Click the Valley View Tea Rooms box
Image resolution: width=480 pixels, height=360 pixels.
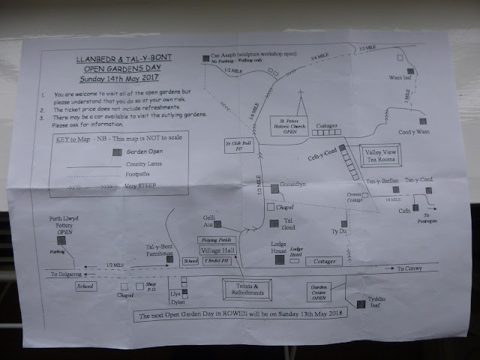click(x=382, y=156)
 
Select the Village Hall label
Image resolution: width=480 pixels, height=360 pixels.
click(x=218, y=250)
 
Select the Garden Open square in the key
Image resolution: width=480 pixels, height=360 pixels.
click(x=115, y=151)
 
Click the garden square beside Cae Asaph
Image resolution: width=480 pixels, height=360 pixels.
click(x=205, y=58)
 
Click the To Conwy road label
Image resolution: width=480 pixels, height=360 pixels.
click(x=411, y=268)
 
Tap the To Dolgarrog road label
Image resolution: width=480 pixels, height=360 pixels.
click(x=67, y=274)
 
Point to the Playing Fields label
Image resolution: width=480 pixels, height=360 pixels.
click(x=217, y=239)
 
